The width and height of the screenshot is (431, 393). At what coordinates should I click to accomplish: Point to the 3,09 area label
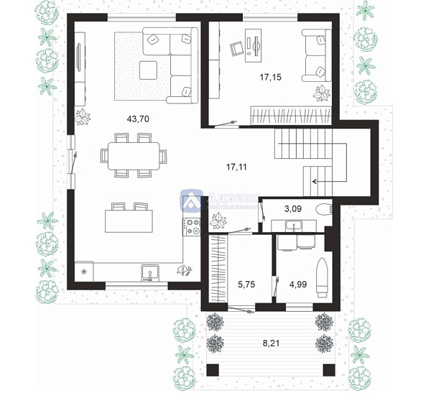tap(292, 208)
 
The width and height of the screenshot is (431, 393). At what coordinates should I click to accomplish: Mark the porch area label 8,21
tap(271, 343)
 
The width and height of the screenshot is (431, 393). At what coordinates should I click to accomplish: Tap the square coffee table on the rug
tap(149, 70)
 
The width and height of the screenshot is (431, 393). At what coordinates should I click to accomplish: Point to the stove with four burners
tap(191, 227)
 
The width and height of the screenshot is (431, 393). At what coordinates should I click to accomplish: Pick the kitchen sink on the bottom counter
tap(150, 272)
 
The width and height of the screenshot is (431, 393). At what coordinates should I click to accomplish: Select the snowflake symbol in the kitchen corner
tap(84, 272)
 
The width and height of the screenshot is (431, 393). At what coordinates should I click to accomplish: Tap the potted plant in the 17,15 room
tap(321, 93)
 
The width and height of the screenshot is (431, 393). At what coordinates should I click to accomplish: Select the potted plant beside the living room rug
tap(84, 116)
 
